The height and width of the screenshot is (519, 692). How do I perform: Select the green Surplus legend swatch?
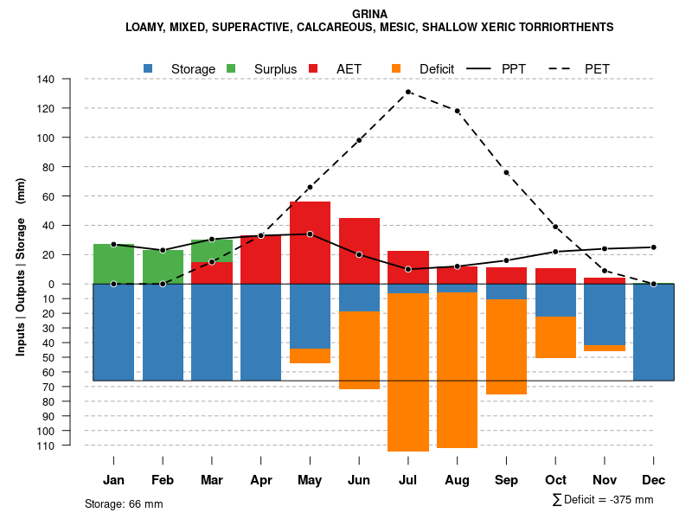click(232, 68)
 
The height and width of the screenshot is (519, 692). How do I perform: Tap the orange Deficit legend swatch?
click(397, 68)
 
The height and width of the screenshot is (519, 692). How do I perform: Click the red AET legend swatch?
click(314, 68)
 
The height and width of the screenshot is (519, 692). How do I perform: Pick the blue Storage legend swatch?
click(149, 68)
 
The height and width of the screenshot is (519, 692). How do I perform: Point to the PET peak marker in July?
click(408, 92)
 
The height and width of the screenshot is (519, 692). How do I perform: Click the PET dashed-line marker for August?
click(457, 111)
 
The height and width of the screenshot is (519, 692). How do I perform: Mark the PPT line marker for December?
click(654, 247)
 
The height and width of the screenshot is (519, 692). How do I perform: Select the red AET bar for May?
click(310, 242)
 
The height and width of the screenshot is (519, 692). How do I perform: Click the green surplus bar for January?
click(113, 264)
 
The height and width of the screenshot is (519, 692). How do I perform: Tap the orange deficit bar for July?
click(408, 372)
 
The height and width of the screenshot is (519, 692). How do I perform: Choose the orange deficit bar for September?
click(506, 346)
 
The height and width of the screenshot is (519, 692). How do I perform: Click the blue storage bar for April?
click(260, 332)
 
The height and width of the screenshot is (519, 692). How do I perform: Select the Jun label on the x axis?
click(359, 480)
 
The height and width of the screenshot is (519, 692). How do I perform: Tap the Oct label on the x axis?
click(555, 480)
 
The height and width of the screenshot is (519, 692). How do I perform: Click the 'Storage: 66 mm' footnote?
click(124, 503)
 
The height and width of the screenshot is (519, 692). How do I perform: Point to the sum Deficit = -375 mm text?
click(602, 500)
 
